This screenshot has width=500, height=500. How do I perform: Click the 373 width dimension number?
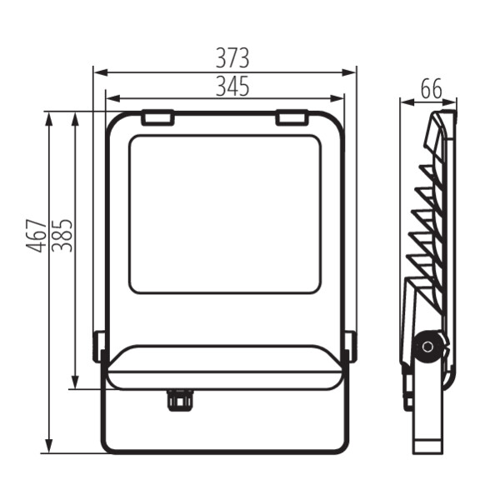pyautogui.click(x=232, y=58)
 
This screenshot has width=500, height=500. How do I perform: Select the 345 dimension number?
pyautogui.click(x=232, y=86)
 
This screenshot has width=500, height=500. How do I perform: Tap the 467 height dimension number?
pyautogui.click(x=36, y=236)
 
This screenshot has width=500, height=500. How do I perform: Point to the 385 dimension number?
pyautogui.click(x=62, y=236)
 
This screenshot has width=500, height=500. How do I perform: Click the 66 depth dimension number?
pyautogui.click(x=432, y=89)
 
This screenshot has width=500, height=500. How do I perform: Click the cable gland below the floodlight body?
pyautogui.click(x=180, y=400)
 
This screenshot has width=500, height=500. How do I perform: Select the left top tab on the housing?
pyautogui.click(x=157, y=117)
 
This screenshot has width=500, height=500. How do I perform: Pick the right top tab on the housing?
pyautogui.click(x=292, y=117)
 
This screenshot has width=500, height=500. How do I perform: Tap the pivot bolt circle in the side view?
pyautogui.click(x=427, y=347)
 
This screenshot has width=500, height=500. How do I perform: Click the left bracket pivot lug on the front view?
pyautogui.click(x=98, y=347)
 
